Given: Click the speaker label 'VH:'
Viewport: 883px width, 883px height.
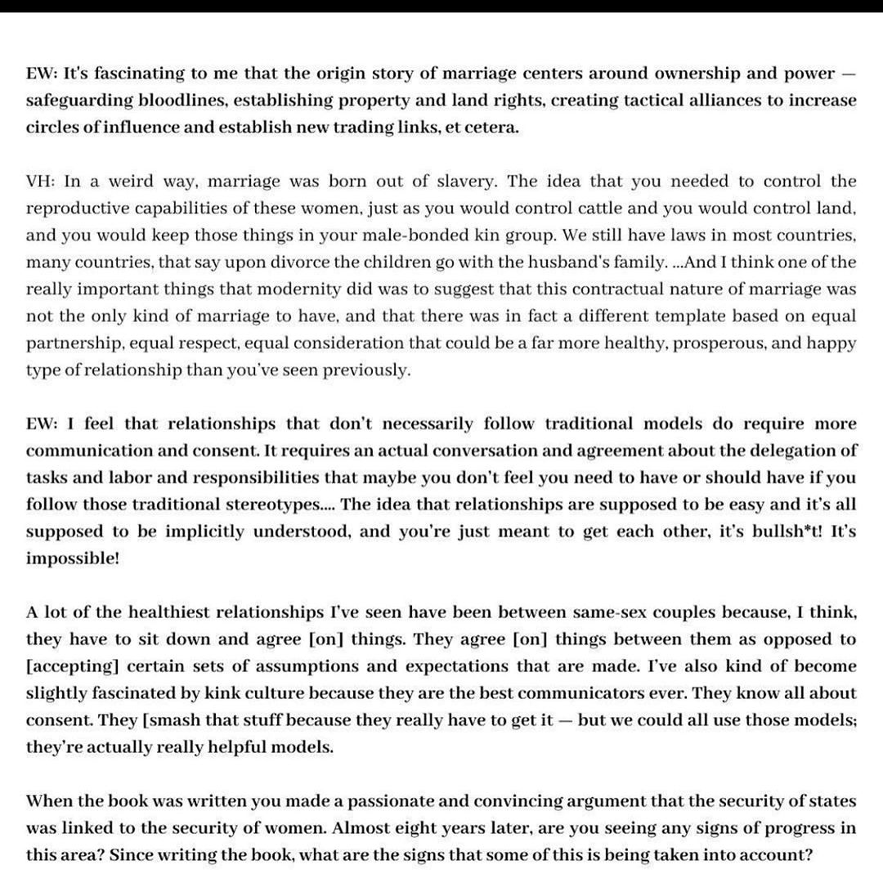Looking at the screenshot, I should (40, 182).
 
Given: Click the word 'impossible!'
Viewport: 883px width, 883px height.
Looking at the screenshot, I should (73, 558).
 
